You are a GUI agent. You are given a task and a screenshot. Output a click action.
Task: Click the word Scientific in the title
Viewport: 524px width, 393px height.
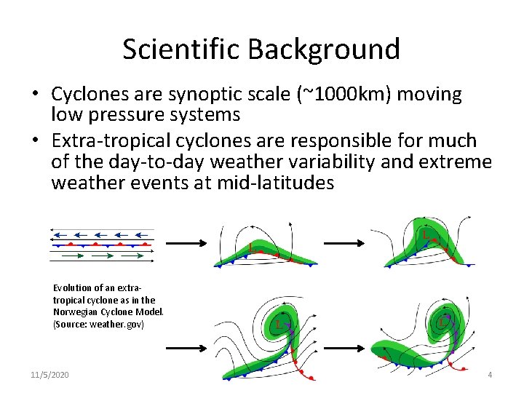tap(181, 49)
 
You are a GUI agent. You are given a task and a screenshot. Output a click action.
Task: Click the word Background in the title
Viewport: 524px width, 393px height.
tap(324, 49)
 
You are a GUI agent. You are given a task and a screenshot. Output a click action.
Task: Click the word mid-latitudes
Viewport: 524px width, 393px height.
tap(275, 183)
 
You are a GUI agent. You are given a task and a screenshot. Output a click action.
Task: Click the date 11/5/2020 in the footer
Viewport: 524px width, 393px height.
tap(49, 375)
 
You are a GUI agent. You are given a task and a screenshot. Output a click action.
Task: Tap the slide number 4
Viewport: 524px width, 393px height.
tap(490, 375)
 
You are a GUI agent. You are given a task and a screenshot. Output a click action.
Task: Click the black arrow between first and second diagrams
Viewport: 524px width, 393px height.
tap(186, 243)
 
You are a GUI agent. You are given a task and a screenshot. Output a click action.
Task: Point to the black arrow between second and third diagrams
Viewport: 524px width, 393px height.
tap(344, 243)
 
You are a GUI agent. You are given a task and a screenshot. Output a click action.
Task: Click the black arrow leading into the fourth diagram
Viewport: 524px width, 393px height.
tap(186, 349)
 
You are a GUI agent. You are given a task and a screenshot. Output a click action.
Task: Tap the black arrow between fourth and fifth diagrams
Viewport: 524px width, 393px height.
tap(344, 349)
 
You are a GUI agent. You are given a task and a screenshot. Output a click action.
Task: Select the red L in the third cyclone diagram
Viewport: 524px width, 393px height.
tap(426, 235)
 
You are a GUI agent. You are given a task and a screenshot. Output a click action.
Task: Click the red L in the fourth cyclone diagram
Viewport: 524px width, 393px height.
tap(279, 325)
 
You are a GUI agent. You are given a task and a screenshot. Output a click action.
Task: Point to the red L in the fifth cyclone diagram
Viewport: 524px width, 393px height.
tap(442, 323)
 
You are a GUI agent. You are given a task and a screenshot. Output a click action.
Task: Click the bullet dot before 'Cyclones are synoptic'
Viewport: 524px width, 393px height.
tap(36, 93)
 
